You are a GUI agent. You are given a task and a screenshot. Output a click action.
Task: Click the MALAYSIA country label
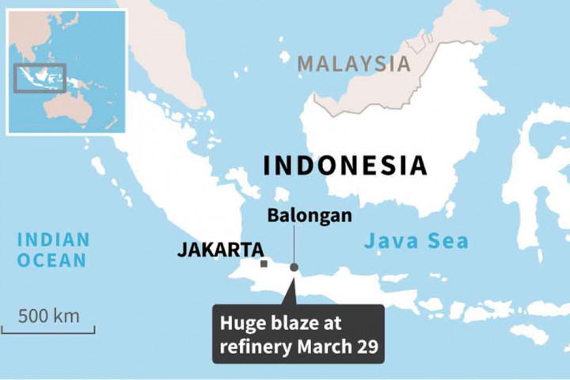(x=354, y=63)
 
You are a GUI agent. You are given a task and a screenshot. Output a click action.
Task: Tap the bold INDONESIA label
(x=345, y=165)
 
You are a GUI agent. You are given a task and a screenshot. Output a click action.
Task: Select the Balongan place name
(x=310, y=215)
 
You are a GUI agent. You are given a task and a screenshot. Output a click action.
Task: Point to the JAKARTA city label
(x=220, y=250)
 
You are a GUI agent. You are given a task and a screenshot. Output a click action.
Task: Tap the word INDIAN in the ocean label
(x=54, y=239)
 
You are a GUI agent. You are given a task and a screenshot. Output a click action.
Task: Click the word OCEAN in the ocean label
(x=54, y=259)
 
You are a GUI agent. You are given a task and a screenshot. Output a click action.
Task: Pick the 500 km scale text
(x=49, y=316)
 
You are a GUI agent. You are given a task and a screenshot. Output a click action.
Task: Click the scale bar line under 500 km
(x=48, y=331)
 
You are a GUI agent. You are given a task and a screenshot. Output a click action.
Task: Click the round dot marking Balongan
(x=294, y=267)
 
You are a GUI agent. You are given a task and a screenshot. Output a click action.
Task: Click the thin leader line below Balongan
(x=294, y=243)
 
